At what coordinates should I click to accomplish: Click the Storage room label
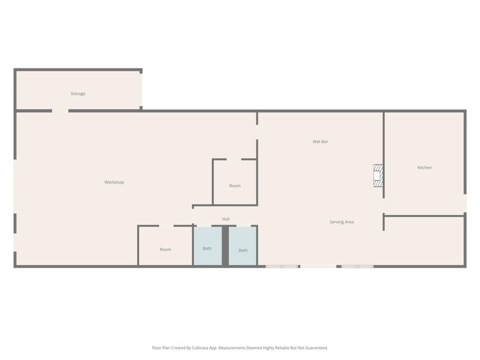(78, 94)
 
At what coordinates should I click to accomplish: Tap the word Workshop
(114, 182)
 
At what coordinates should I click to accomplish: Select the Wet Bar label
(320, 141)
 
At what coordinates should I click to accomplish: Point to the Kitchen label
(424, 167)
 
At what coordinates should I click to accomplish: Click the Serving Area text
(341, 222)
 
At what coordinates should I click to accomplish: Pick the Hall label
(226, 219)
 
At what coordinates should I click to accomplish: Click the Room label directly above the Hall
(234, 186)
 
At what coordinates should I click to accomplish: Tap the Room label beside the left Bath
(165, 249)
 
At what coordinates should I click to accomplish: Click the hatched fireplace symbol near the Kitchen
(378, 175)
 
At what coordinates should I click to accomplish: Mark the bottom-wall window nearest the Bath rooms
(282, 266)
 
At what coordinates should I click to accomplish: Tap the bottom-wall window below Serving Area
(358, 266)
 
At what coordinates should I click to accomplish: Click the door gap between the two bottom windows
(318, 266)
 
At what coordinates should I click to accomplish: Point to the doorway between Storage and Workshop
(60, 111)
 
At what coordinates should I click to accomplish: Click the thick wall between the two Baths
(225, 246)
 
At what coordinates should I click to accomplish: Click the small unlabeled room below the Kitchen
(424, 241)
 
